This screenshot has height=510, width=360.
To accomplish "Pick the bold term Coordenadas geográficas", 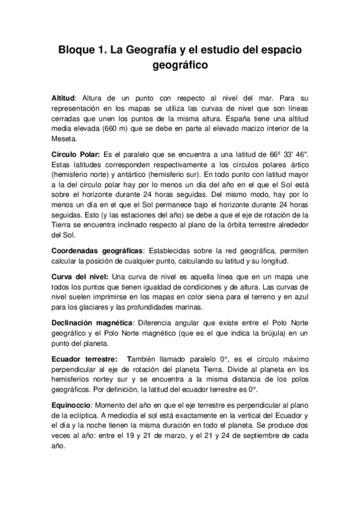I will pos(97,251).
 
